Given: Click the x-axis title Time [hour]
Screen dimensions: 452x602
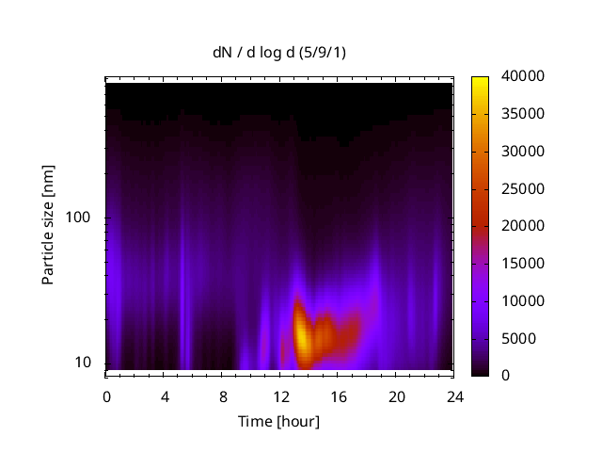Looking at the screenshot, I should coord(277,421).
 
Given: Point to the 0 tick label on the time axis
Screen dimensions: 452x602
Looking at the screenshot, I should coord(106,396).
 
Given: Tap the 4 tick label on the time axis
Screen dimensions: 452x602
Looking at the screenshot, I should coord(165,396).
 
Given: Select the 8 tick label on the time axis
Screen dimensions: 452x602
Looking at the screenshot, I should coord(223,396).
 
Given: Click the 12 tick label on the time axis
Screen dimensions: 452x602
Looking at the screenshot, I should coord(280,396).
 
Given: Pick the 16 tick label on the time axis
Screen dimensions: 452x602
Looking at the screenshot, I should coord(339,396).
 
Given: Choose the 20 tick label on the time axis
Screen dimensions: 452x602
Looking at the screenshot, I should coord(397,396).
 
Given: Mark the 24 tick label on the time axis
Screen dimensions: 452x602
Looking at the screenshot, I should coord(455,396).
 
